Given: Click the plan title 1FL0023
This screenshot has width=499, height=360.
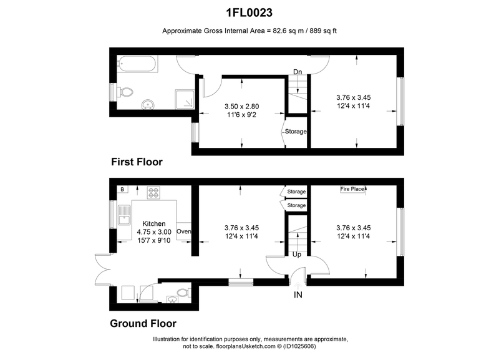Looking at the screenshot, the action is (249, 12).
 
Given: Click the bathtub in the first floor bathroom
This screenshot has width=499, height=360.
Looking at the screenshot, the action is (137, 64).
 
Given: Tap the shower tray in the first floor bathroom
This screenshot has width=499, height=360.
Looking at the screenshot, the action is (185, 99).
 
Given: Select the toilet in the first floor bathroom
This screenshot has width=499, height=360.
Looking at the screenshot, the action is (125, 92).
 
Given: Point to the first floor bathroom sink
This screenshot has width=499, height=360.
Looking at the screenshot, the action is (148, 104).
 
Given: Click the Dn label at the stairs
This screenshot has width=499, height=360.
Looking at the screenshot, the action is (298, 72).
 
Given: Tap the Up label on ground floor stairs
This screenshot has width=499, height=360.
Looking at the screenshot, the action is (297, 255).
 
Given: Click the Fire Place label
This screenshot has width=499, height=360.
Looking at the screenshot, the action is (352, 189).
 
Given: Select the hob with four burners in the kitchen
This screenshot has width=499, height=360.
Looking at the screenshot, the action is (153, 193).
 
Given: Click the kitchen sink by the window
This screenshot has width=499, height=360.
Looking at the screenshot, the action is (124, 215).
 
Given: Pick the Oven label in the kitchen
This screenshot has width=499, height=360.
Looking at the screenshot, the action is (183, 231).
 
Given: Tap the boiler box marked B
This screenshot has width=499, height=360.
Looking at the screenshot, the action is (122, 190).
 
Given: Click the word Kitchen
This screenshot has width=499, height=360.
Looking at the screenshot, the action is (153, 224).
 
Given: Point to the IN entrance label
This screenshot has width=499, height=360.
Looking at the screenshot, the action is (298, 295).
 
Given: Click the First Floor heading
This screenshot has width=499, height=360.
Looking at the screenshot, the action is (137, 162).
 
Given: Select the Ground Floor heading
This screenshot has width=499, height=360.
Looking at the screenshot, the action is (143, 323).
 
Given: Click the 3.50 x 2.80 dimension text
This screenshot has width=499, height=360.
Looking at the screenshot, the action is (242, 106).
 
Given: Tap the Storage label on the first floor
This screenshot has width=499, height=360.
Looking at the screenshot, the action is (296, 132).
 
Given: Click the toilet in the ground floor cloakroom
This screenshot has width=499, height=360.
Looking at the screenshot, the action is (184, 293).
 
